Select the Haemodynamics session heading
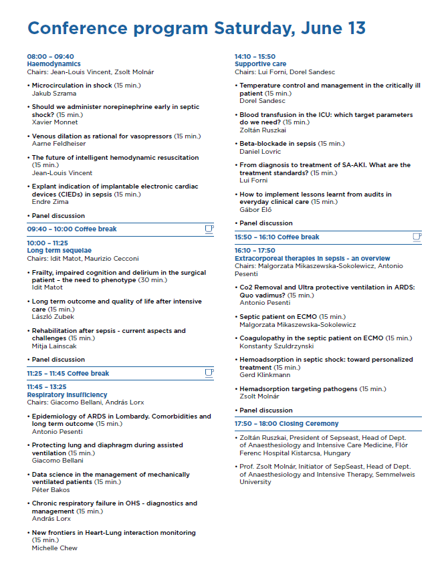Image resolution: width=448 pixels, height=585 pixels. coord(53,64)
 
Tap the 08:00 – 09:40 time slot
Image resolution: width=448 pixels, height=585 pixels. coord(50,57)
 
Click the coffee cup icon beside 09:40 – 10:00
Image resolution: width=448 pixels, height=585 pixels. coord(209,229)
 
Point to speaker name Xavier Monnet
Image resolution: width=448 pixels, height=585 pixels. coord(55,122)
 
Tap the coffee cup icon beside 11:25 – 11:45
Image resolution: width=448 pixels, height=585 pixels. coord(209,373)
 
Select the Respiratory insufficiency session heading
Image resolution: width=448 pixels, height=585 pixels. coord(67,395)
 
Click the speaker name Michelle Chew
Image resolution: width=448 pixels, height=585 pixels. coord(55,548)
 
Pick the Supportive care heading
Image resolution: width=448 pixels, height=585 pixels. coord(260,64)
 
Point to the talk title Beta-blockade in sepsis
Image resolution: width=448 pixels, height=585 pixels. coord(277,144)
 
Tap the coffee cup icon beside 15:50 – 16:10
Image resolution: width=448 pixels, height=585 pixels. coord(417,237)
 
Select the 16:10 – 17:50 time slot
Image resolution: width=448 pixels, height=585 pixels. coord(255,251)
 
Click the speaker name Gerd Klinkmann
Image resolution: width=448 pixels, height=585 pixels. coord(265,375)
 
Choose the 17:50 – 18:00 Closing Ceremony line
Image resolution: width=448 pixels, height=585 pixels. coord(286,424)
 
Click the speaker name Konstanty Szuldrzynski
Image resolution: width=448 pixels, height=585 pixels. coord(276,346)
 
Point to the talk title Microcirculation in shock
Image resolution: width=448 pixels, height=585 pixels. coord(72,86)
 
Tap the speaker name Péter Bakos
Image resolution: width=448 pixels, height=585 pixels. coord(51,490)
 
